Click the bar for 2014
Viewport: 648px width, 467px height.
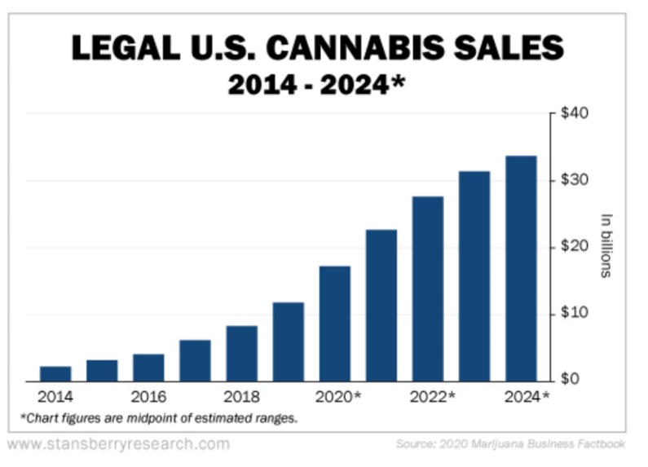[x=55, y=373]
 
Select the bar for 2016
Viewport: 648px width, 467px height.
[x=148, y=367]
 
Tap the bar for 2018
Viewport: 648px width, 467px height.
[x=242, y=353]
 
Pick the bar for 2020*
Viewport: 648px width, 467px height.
[x=335, y=323]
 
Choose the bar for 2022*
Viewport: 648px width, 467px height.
[x=428, y=288]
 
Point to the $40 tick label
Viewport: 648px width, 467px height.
[x=575, y=112]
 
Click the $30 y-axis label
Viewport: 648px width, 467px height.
[x=575, y=180]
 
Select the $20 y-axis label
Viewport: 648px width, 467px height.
[x=575, y=247]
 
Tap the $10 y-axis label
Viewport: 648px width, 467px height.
[x=575, y=314]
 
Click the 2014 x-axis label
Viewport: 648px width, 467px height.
[x=55, y=397]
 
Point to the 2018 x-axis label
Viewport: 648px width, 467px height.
[x=242, y=397]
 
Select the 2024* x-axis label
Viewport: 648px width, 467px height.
[x=526, y=397]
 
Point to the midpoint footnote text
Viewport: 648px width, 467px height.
[x=158, y=418]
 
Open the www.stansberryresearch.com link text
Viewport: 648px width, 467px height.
[x=118, y=445]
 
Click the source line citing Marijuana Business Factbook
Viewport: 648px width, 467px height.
[x=510, y=445]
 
